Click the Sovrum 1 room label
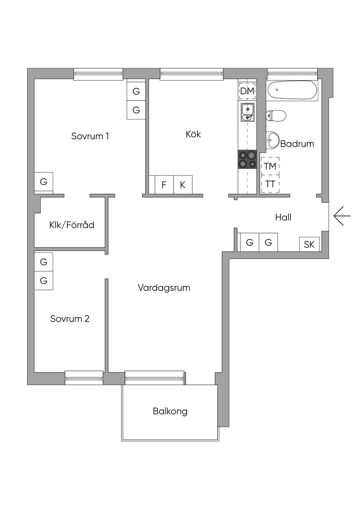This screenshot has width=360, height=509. pos(90,136)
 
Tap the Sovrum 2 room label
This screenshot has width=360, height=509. pos(70,319)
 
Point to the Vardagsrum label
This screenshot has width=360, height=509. pos(164,288)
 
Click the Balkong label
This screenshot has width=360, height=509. pos(170,411)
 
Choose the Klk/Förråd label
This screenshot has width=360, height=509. pos(72,225)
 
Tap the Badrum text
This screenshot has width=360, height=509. pos(297,144)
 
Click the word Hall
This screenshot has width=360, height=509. pos(283,218)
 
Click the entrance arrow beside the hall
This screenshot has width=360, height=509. pos(342,216)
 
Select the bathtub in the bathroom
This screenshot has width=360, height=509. pos(292,90)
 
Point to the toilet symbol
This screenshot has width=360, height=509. pos(276,116)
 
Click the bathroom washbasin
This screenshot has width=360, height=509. pos(272,140)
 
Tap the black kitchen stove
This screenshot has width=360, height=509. pos(247,159)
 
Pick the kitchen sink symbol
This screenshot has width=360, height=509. pos(248,112)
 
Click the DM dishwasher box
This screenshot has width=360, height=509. pos(247,91)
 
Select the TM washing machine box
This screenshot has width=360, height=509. pos(270,166)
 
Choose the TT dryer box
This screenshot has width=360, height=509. pos(270,184)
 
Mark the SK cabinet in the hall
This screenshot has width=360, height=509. pos(309,244)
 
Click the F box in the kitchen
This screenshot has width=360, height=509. pos(164,185)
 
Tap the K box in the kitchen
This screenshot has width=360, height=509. pos(183,185)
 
